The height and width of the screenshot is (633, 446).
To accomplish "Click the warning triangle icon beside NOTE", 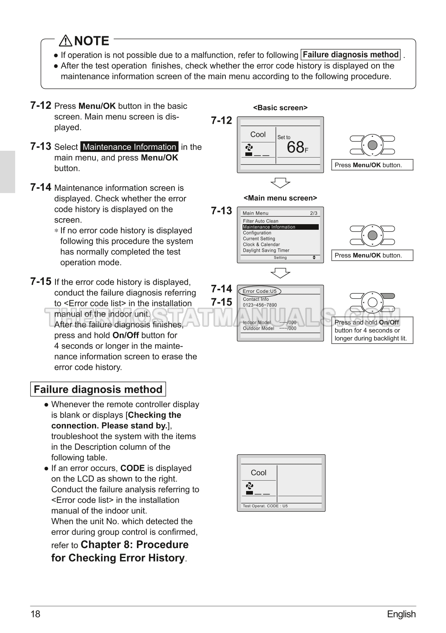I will [65, 41].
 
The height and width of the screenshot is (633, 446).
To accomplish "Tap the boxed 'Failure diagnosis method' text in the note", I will [351, 55].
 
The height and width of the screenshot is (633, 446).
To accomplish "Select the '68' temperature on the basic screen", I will [296, 147].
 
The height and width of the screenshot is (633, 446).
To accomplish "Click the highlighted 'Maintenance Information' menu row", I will [280, 227].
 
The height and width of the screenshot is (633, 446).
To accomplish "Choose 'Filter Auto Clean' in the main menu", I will [260, 221].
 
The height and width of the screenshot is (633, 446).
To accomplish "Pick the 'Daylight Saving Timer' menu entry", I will [266, 250].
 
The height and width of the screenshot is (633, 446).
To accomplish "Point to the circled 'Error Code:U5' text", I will [259, 291].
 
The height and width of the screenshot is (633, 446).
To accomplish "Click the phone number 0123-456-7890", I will [260, 305].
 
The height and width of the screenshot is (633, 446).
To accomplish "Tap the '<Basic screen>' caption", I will [280, 108].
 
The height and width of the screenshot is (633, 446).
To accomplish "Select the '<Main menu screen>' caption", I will [280, 198].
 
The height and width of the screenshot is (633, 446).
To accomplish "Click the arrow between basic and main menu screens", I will [280, 183].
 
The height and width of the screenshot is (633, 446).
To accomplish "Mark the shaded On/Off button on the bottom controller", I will [388, 296].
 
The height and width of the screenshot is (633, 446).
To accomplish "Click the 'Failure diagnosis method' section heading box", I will [98, 389].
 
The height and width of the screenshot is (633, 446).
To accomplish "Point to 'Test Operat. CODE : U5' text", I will [265, 506].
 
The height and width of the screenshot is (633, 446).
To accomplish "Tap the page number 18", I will [35, 614].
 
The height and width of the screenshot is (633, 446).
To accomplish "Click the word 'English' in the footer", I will [401, 614].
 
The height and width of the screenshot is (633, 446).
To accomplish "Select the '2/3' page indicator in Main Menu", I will [314, 213].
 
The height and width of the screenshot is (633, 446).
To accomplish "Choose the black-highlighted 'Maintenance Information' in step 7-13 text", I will [129, 147].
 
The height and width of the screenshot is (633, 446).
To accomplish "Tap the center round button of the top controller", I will [372, 145].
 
